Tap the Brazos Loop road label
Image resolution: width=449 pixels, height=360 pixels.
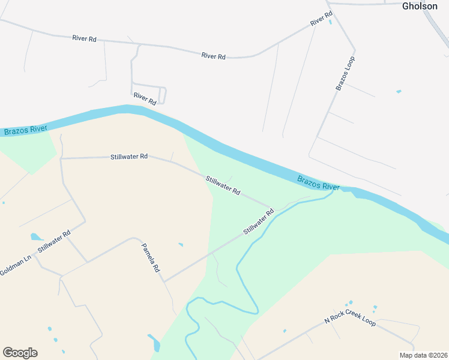(x=345, y=73)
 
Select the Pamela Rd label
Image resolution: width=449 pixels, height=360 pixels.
(x=151, y=257)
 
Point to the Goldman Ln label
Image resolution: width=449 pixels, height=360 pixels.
(x=15, y=266)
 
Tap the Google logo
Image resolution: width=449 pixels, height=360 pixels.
(x=20, y=353)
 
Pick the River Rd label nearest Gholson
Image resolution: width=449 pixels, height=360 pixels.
(x=321, y=19)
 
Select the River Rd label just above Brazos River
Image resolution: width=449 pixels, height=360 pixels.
(x=145, y=99)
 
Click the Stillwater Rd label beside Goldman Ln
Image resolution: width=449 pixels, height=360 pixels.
(x=54, y=242)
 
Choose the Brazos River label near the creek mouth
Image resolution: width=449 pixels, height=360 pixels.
(x=319, y=182)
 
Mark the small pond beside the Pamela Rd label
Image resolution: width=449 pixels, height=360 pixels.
(x=181, y=245)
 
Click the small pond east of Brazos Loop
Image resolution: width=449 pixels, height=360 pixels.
(x=399, y=92)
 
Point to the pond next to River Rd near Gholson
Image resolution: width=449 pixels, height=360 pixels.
(x=330, y=23)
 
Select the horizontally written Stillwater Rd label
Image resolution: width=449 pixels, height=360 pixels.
(x=129, y=157)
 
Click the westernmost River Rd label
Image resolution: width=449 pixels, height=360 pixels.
(x=84, y=38)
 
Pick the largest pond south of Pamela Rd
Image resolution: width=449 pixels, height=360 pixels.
(x=155, y=343)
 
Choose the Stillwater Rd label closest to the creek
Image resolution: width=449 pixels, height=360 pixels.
(x=259, y=221)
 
